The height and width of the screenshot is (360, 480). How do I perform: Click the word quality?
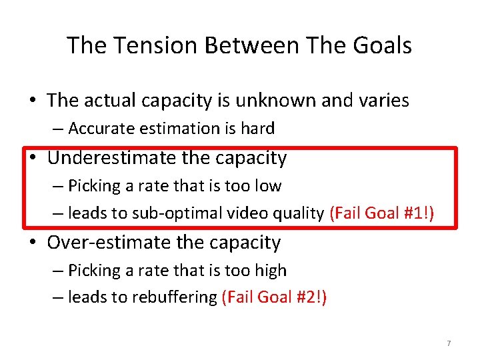pyautogui.click(x=298, y=213)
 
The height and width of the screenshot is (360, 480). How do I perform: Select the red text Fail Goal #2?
pyautogui.click(x=274, y=297)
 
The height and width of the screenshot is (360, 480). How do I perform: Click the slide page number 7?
pyautogui.click(x=449, y=343)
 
